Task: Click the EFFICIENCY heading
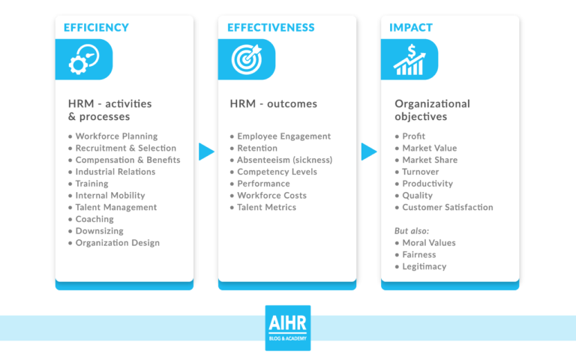tap(96, 28)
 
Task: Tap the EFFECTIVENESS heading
tap(271, 28)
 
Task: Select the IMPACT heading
tap(411, 28)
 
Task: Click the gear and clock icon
tap(83, 60)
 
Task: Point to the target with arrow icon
tap(246, 60)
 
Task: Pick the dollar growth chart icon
tap(409, 60)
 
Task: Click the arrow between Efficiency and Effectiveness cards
tap(206, 151)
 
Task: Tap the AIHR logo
tap(287, 328)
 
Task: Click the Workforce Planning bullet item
tap(116, 136)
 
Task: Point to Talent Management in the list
tap(116, 208)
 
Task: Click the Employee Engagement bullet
tap(283, 136)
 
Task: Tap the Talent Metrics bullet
tap(266, 208)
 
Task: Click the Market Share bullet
tap(430, 160)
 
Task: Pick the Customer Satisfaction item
tap(448, 208)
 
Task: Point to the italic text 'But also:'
tap(412, 231)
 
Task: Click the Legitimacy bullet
tap(424, 267)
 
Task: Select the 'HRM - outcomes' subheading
tap(273, 104)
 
